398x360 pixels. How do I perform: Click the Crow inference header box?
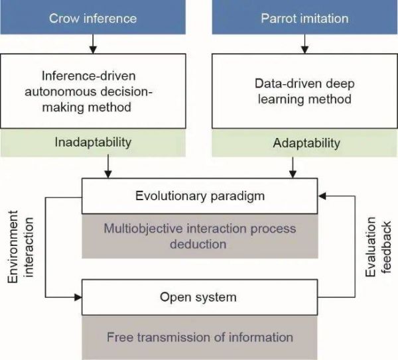[x=93, y=17]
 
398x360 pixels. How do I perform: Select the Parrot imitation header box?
[x=304, y=17]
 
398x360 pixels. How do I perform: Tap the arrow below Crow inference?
[x=93, y=44]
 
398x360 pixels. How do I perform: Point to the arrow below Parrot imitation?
[x=304, y=44]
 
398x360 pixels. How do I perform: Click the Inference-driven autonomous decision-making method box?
[x=93, y=92]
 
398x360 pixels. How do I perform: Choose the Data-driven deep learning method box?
[x=304, y=92]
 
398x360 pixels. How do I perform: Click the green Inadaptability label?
[x=93, y=143]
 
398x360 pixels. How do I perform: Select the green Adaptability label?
[x=304, y=143]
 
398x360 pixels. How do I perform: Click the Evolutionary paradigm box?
[x=200, y=196]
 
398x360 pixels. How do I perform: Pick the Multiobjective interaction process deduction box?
[x=200, y=236]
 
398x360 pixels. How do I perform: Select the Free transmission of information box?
[x=200, y=337]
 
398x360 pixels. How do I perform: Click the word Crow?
[x=64, y=17]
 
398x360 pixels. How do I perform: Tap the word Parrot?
[x=275, y=17]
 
